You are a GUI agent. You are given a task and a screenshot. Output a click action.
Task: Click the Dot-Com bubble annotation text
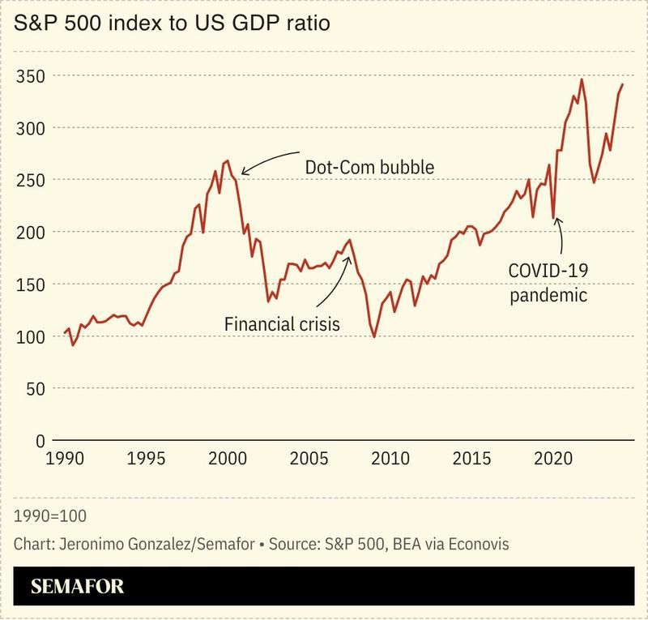coord(370,167)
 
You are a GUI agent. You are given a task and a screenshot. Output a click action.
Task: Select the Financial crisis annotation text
coord(282,324)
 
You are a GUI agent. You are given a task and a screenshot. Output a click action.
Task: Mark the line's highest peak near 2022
coord(582,79)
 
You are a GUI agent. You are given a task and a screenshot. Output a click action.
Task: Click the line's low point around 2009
coord(374,336)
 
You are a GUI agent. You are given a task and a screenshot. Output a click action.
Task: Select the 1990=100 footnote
coord(51,515)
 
